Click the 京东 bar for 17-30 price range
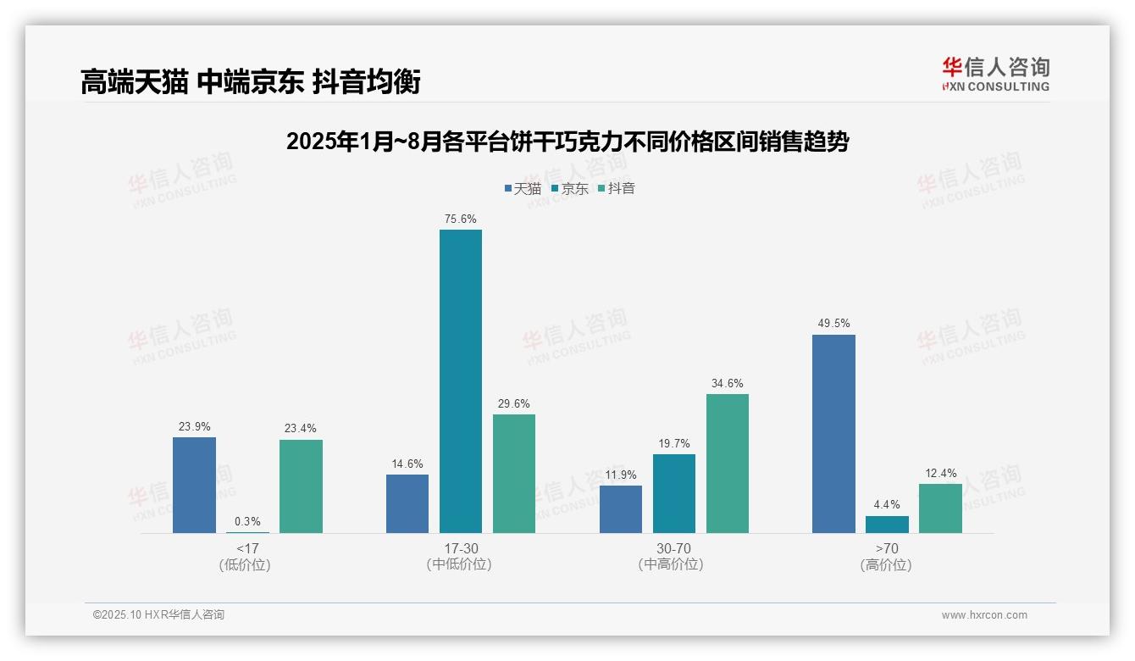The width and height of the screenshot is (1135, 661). point(460,381)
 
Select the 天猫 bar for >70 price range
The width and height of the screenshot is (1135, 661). point(833,434)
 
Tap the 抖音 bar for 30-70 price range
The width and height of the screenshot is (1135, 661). point(727,464)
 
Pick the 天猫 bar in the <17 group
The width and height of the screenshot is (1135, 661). point(194,485)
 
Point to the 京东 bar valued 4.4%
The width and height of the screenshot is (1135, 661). point(887,525)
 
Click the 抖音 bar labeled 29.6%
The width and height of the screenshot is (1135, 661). point(513,474)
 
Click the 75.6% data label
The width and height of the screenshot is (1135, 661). point(460,219)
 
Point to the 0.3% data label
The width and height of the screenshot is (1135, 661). point(247,522)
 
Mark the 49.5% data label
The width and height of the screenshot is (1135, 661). point(833,324)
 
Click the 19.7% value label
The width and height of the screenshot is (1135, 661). point(673,443)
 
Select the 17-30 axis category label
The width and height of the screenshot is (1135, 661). point(460,548)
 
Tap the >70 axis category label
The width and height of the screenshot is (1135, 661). point(887,548)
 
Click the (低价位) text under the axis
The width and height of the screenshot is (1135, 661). point(245,565)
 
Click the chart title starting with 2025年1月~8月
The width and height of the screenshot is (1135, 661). point(567,142)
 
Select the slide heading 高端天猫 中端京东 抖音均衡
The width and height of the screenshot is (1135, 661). point(250,82)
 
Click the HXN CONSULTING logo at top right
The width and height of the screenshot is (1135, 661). point(995,75)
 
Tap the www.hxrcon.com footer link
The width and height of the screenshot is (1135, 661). point(984,615)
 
